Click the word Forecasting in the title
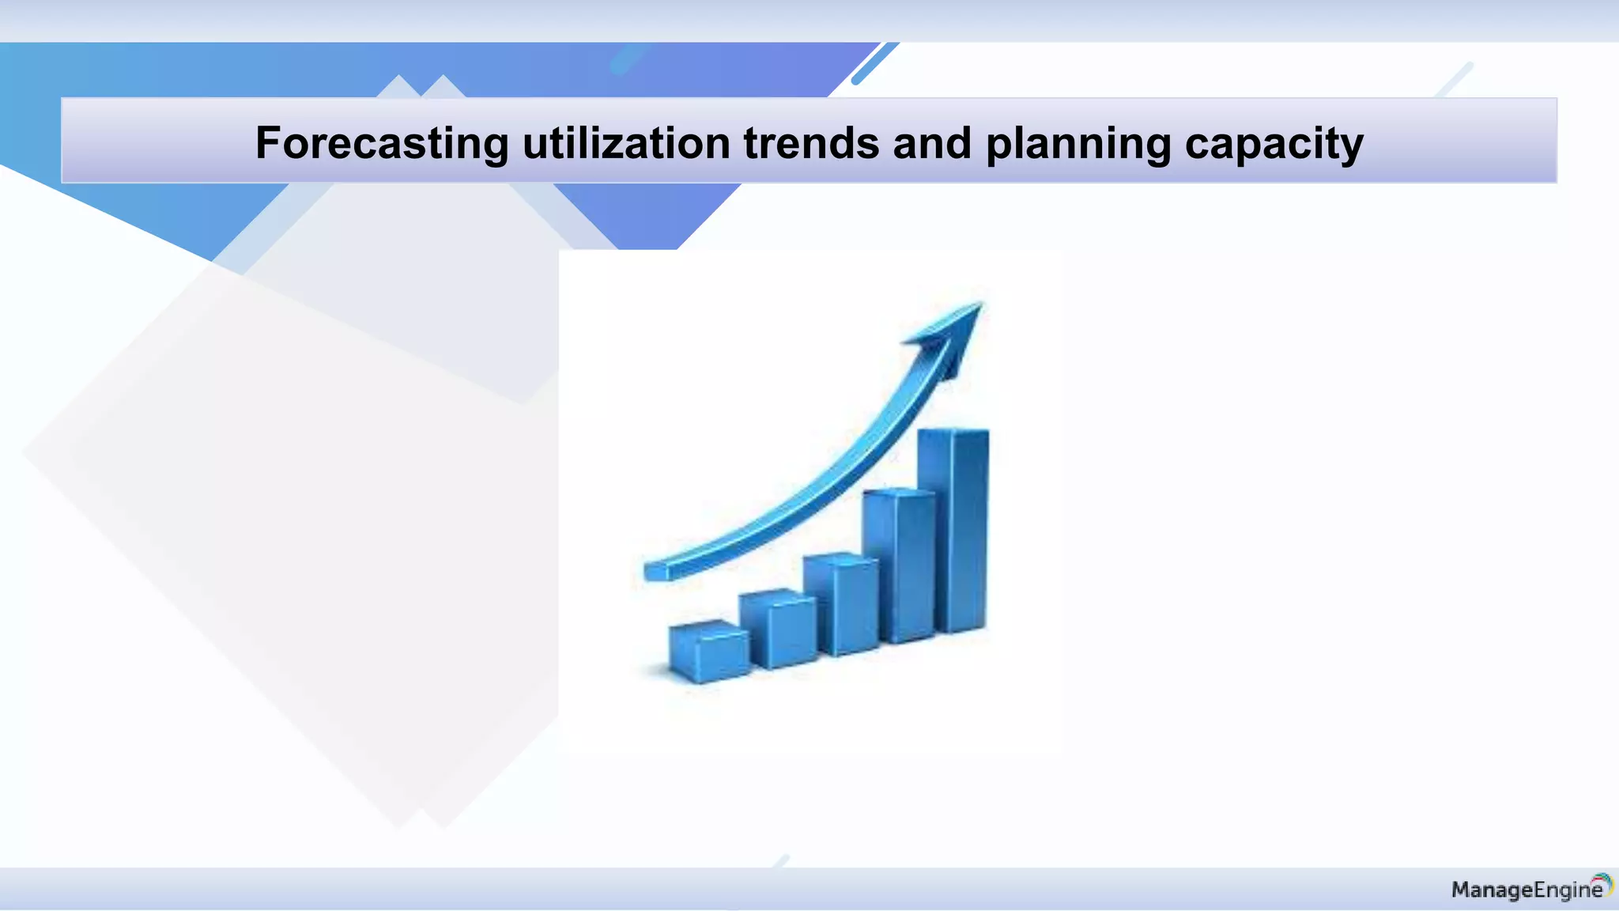point(382,144)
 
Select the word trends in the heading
point(811,143)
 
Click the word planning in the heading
point(1078,145)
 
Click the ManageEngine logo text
point(1526,890)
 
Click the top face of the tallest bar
point(953,431)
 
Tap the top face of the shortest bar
point(708,629)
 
